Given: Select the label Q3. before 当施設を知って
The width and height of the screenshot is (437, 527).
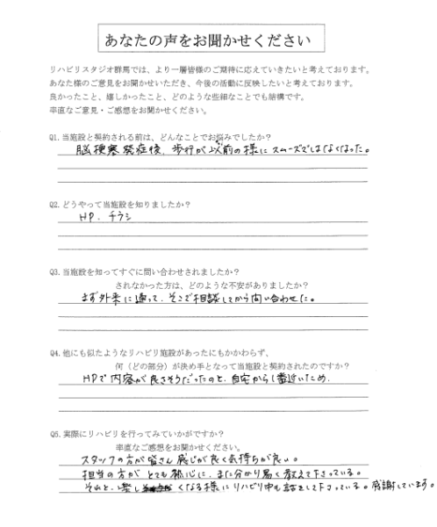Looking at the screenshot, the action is (56, 273).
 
